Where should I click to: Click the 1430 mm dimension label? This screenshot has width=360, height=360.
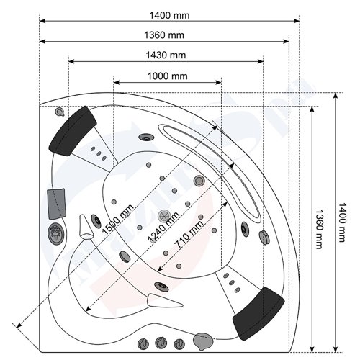[166, 55]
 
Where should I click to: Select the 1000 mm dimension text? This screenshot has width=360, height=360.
[167, 76]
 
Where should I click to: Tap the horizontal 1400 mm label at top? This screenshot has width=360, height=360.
[169, 16]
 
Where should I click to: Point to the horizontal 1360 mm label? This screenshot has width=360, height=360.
[164, 35]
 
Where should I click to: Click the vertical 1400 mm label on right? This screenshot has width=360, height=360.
[343, 222]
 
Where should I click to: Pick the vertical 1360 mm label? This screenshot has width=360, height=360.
[319, 230]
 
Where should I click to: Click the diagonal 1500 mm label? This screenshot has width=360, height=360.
[117, 219]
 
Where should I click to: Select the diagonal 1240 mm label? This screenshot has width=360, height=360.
[163, 227]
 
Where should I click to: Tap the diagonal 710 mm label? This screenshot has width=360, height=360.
[189, 234]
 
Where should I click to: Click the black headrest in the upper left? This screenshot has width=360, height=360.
[73, 131]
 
